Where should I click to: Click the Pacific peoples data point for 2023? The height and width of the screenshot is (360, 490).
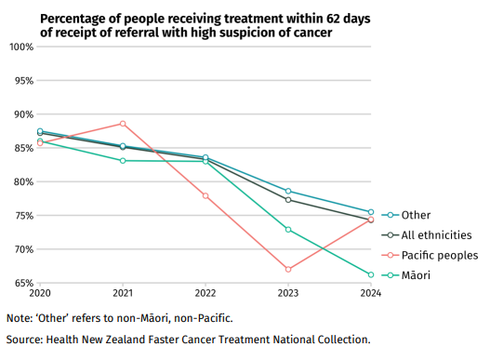point(288,269)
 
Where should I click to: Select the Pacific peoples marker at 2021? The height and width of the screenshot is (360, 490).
point(123,124)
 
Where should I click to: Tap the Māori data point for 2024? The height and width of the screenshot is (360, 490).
point(371,274)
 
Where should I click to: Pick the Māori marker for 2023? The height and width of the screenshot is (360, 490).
point(288,229)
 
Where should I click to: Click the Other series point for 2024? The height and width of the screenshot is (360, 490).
point(371,212)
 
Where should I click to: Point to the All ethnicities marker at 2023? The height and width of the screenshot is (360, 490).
point(288,200)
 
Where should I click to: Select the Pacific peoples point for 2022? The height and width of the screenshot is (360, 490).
point(205,195)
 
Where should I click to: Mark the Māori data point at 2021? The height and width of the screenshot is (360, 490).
point(123,161)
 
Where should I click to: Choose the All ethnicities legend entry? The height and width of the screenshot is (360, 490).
point(436,235)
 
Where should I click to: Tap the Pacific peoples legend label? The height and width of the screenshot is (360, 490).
point(439,255)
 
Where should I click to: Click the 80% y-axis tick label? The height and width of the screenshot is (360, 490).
point(21,181)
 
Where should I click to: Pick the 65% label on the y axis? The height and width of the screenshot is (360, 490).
point(21,283)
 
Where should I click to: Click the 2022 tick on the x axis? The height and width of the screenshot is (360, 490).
point(205,293)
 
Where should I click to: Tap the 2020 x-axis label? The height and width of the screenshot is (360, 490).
point(40,293)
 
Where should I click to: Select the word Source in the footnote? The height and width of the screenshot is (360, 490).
point(27,340)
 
